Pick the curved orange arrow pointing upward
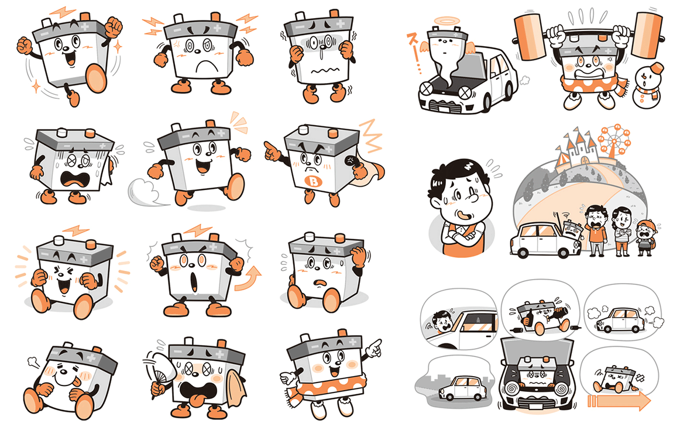pos(249,279)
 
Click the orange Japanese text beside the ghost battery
pos(413,53)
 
